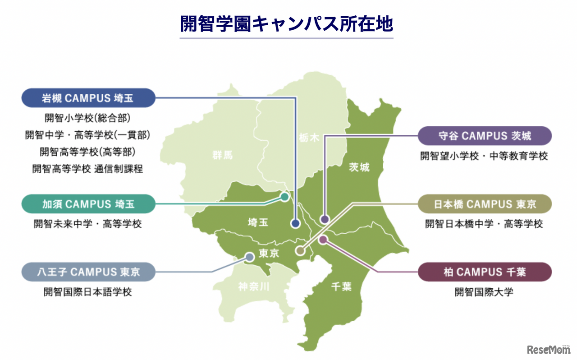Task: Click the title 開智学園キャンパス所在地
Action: [286, 24]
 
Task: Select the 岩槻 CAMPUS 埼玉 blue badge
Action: [88, 97]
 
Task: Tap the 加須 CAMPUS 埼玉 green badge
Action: [88, 204]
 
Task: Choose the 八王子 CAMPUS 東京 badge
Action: [88, 272]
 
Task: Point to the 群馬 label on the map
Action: [222, 156]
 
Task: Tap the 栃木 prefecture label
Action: [309, 138]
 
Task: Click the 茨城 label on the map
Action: [359, 167]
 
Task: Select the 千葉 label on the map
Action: [341, 286]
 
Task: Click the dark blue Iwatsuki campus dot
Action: [296, 223]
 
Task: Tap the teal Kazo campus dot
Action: [284, 197]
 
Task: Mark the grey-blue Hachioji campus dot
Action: [249, 257]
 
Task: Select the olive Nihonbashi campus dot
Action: [300, 251]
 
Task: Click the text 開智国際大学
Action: [484, 292]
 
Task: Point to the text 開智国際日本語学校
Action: [88, 292]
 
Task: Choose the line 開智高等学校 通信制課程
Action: [88, 169]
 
